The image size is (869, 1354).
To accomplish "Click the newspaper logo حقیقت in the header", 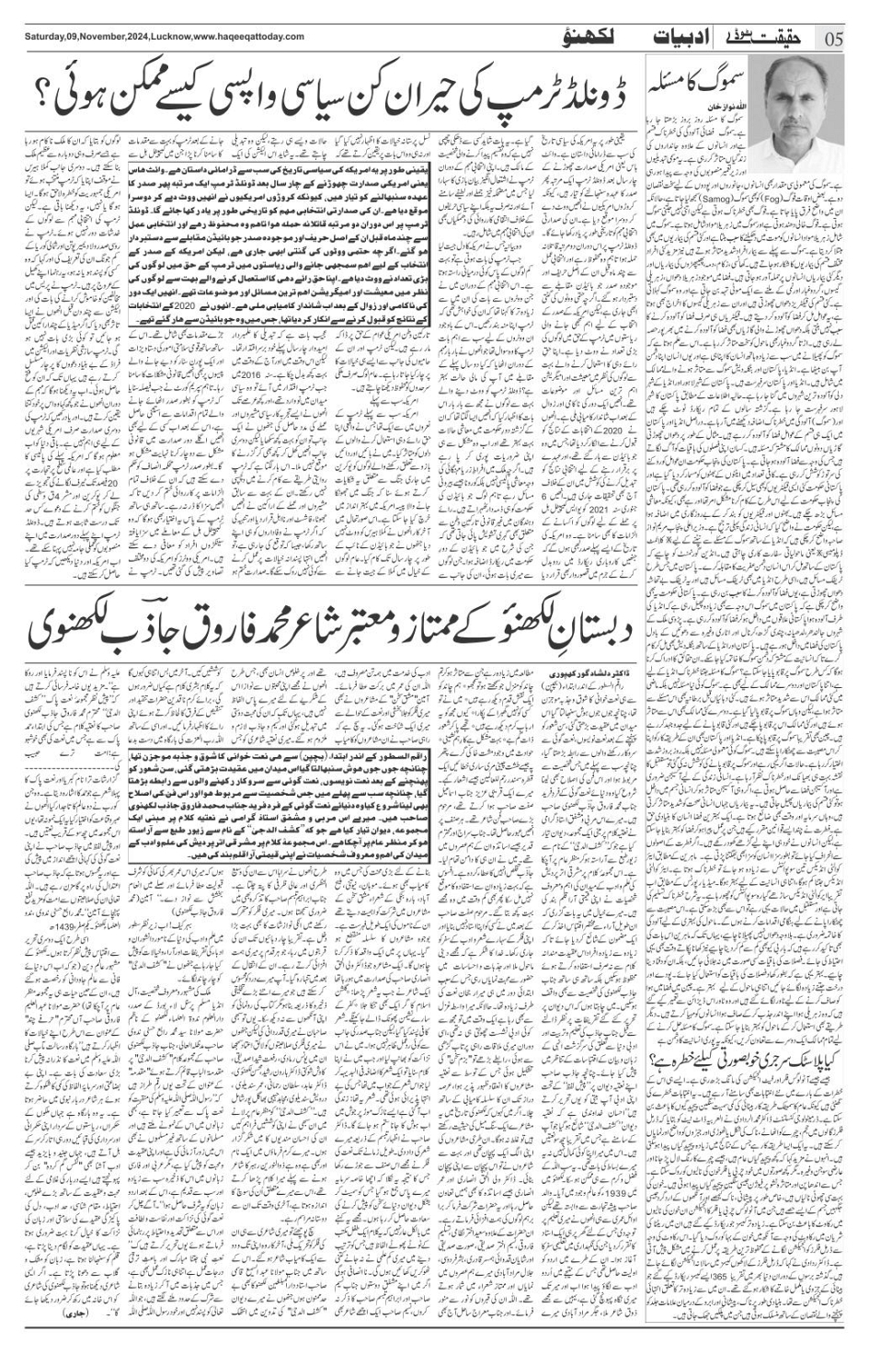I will tap(778, 36).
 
